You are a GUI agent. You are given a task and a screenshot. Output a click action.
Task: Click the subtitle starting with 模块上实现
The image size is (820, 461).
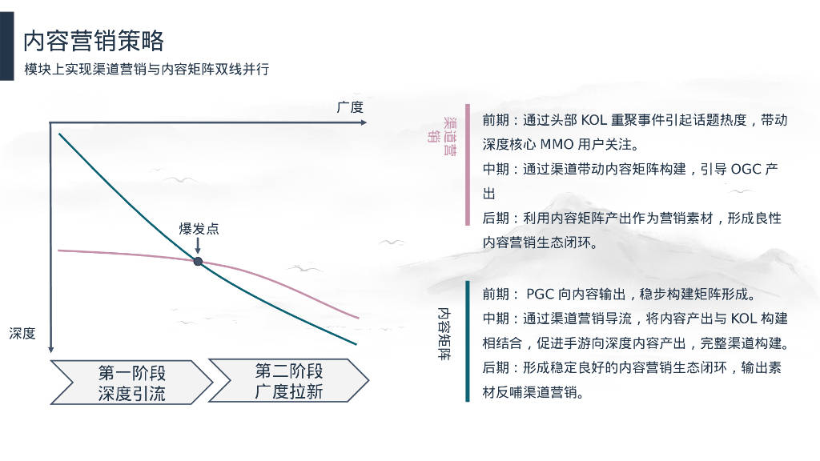click(x=147, y=69)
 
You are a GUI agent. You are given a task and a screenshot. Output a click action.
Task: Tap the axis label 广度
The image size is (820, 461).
click(x=350, y=107)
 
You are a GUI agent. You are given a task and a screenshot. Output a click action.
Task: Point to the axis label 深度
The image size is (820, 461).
click(x=22, y=333)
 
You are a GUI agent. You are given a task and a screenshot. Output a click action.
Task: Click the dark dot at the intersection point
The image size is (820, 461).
click(x=198, y=262)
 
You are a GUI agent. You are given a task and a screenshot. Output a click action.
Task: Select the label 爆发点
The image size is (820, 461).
click(x=199, y=228)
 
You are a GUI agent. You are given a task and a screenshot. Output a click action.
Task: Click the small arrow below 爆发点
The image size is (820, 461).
click(x=198, y=246)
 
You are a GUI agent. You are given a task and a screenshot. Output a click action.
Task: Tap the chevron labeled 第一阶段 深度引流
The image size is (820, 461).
click(x=131, y=382)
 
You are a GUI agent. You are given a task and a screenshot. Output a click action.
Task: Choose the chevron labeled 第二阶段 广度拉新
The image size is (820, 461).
click(x=288, y=380)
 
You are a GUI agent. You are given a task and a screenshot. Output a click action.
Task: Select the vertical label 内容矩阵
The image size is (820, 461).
click(x=444, y=334)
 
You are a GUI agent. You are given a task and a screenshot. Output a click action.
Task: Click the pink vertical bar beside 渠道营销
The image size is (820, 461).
click(x=468, y=165)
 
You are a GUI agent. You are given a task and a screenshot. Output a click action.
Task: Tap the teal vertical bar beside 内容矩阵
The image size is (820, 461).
click(x=468, y=341)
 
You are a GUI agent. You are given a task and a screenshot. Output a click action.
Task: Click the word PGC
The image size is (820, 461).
click(x=540, y=295)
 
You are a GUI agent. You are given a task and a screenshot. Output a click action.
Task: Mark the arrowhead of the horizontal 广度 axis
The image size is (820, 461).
click(x=364, y=122)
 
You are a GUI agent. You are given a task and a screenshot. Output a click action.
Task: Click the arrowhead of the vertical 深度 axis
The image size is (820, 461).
click(x=50, y=349)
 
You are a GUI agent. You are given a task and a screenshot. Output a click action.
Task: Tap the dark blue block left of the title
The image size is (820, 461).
click(x=6, y=46)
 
